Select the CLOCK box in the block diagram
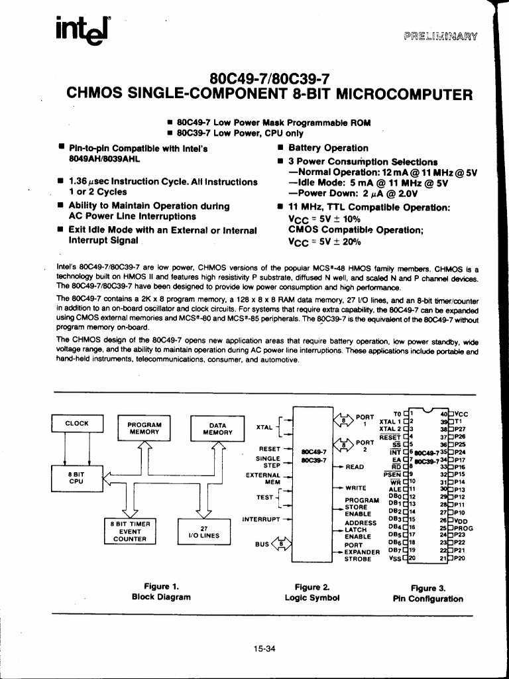click(x=76, y=423)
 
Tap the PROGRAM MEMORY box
click(x=144, y=428)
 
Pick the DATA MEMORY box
click(x=217, y=428)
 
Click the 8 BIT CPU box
click(x=76, y=477)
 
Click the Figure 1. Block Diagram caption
click(x=161, y=591)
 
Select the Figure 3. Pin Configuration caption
click(x=428, y=593)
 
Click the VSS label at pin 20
click(x=394, y=558)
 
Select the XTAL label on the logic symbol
click(x=265, y=428)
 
